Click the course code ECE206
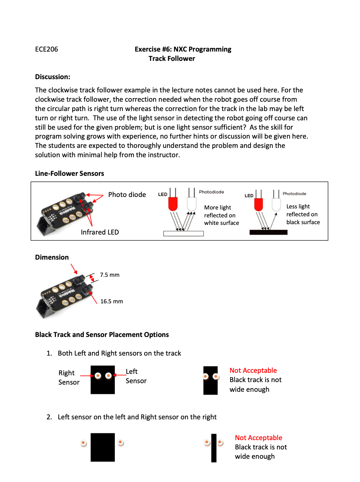(x=47, y=49)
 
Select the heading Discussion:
(x=53, y=77)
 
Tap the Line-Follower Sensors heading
(x=69, y=174)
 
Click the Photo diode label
(x=127, y=195)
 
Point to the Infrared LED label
(x=100, y=232)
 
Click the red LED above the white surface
(x=173, y=204)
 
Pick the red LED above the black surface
(x=258, y=204)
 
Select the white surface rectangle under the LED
(x=183, y=233)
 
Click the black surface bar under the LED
(x=268, y=232)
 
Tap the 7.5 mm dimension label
(x=110, y=275)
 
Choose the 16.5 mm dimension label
(x=111, y=302)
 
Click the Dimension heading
(x=52, y=257)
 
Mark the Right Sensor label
(x=69, y=378)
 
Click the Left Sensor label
(x=136, y=376)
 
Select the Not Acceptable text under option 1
(x=253, y=371)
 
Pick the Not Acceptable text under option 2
(x=258, y=438)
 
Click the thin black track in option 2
(x=214, y=448)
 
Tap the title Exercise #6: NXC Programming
(x=183, y=49)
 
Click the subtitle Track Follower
(x=172, y=59)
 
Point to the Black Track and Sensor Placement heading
(x=102, y=335)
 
